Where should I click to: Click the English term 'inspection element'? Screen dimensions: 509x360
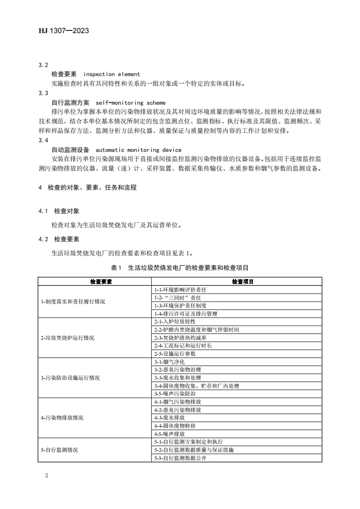point(112,74)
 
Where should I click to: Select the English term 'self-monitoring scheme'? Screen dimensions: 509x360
point(131,103)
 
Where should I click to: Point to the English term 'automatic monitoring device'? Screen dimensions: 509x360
point(138,150)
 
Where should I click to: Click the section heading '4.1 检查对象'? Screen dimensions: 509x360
point(59,211)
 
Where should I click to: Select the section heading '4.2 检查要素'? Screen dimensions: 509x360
point(59,239)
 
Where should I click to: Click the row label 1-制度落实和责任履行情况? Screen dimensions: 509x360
point(73,301)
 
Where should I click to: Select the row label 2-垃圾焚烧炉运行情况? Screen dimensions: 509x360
point(68,338)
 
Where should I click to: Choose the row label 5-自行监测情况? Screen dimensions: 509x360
point(59,450)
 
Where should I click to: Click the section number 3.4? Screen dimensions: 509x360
point(44,140)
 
